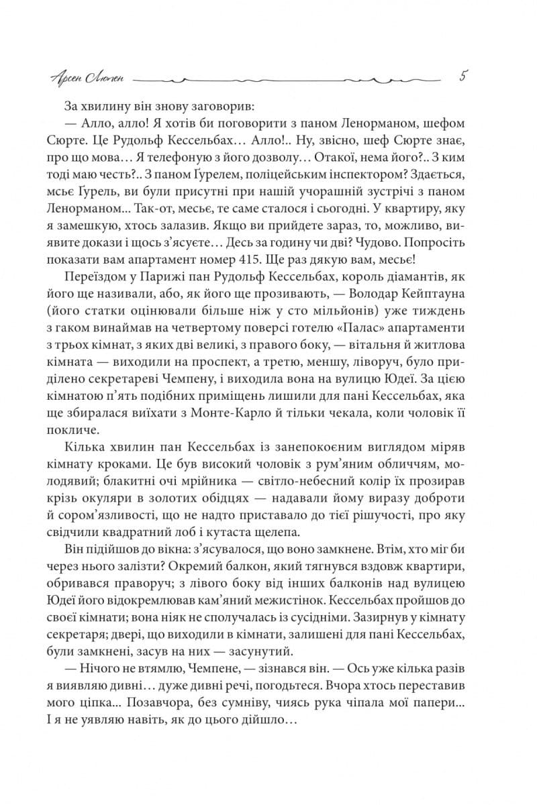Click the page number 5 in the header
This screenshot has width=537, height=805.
(463, 76)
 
